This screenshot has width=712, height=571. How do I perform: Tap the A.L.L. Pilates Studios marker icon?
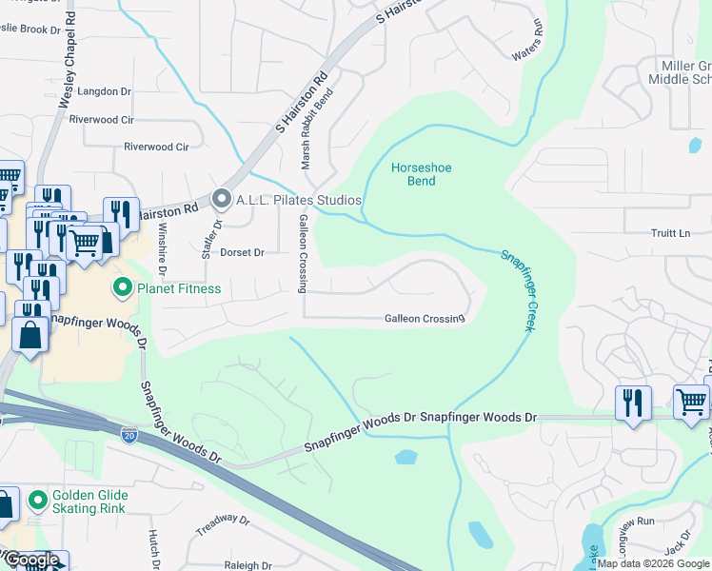tap(222, 200)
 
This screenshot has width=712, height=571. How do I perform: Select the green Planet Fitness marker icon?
tap(122, 287)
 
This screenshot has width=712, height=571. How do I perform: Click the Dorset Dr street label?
tap(242, 253)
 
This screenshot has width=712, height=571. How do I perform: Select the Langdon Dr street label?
tap(106, 91)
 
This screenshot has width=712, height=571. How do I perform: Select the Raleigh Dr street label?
tap(246, 565)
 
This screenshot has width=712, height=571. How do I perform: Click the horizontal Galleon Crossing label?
tap(424, 319)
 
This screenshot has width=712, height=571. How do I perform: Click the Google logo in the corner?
tap(31, 561)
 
